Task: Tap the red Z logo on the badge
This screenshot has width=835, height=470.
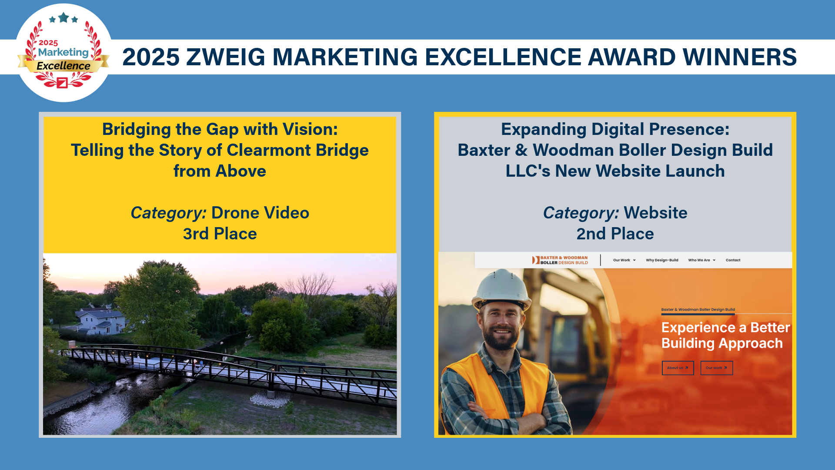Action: click(x=62, y=83)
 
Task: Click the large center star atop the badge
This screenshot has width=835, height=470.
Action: click(x=63, y=18)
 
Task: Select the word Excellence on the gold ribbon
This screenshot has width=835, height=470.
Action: click(x=63, y=66)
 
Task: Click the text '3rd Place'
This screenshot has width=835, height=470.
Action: click(x=220, y=234)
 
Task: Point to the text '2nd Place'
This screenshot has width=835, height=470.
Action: click(x=615, y=234)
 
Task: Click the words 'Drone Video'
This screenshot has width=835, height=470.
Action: click(x=260, y=213)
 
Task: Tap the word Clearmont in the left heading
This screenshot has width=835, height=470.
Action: click(x=269, y=150)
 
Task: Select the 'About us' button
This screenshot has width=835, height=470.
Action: click(x=678, y=368)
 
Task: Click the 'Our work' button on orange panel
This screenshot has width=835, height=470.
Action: click(x=716, y=368)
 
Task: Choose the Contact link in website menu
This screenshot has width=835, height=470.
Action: click(x=733, y=260)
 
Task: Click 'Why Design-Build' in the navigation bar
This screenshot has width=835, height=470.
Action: click(x=662, y=260)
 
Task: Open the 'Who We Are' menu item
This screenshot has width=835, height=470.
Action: click(x=701, y=260)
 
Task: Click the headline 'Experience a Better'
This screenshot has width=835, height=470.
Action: click(x=725, y=327)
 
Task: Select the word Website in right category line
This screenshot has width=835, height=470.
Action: click(x=655, y=213)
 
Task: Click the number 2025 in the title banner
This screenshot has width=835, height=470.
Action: click(x=151, y=57)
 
